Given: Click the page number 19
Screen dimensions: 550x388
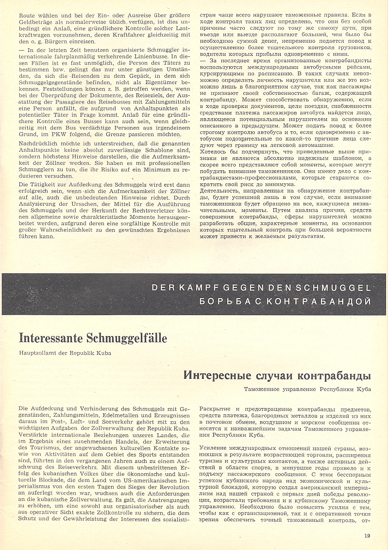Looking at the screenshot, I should point(368,537).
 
